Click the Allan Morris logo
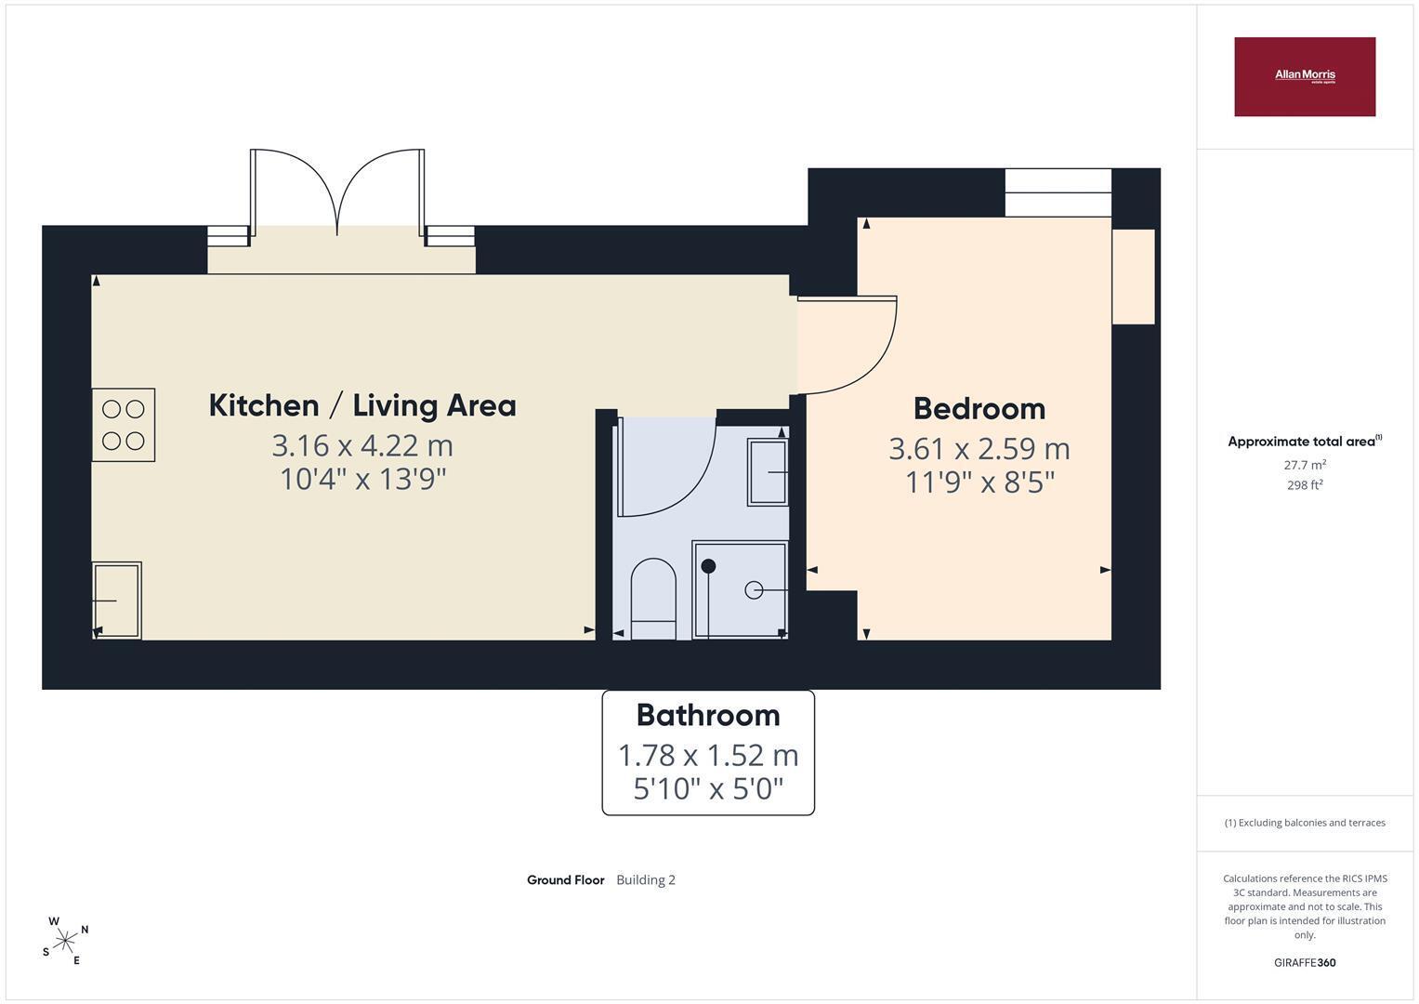1305,76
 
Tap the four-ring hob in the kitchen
124,425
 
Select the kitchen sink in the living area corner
116,601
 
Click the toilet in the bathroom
653,599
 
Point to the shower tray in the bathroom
740,589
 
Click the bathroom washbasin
768,472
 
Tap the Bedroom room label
979,409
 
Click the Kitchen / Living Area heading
362,405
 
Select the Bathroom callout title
708,716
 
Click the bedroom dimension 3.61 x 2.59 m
979,449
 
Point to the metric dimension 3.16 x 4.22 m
362,446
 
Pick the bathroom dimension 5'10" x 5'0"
708,789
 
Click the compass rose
65,941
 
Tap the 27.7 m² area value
1305,465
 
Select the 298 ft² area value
1305,485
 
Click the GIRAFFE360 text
1305,962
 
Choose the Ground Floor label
566,879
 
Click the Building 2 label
646,879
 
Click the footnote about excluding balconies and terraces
1305,823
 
